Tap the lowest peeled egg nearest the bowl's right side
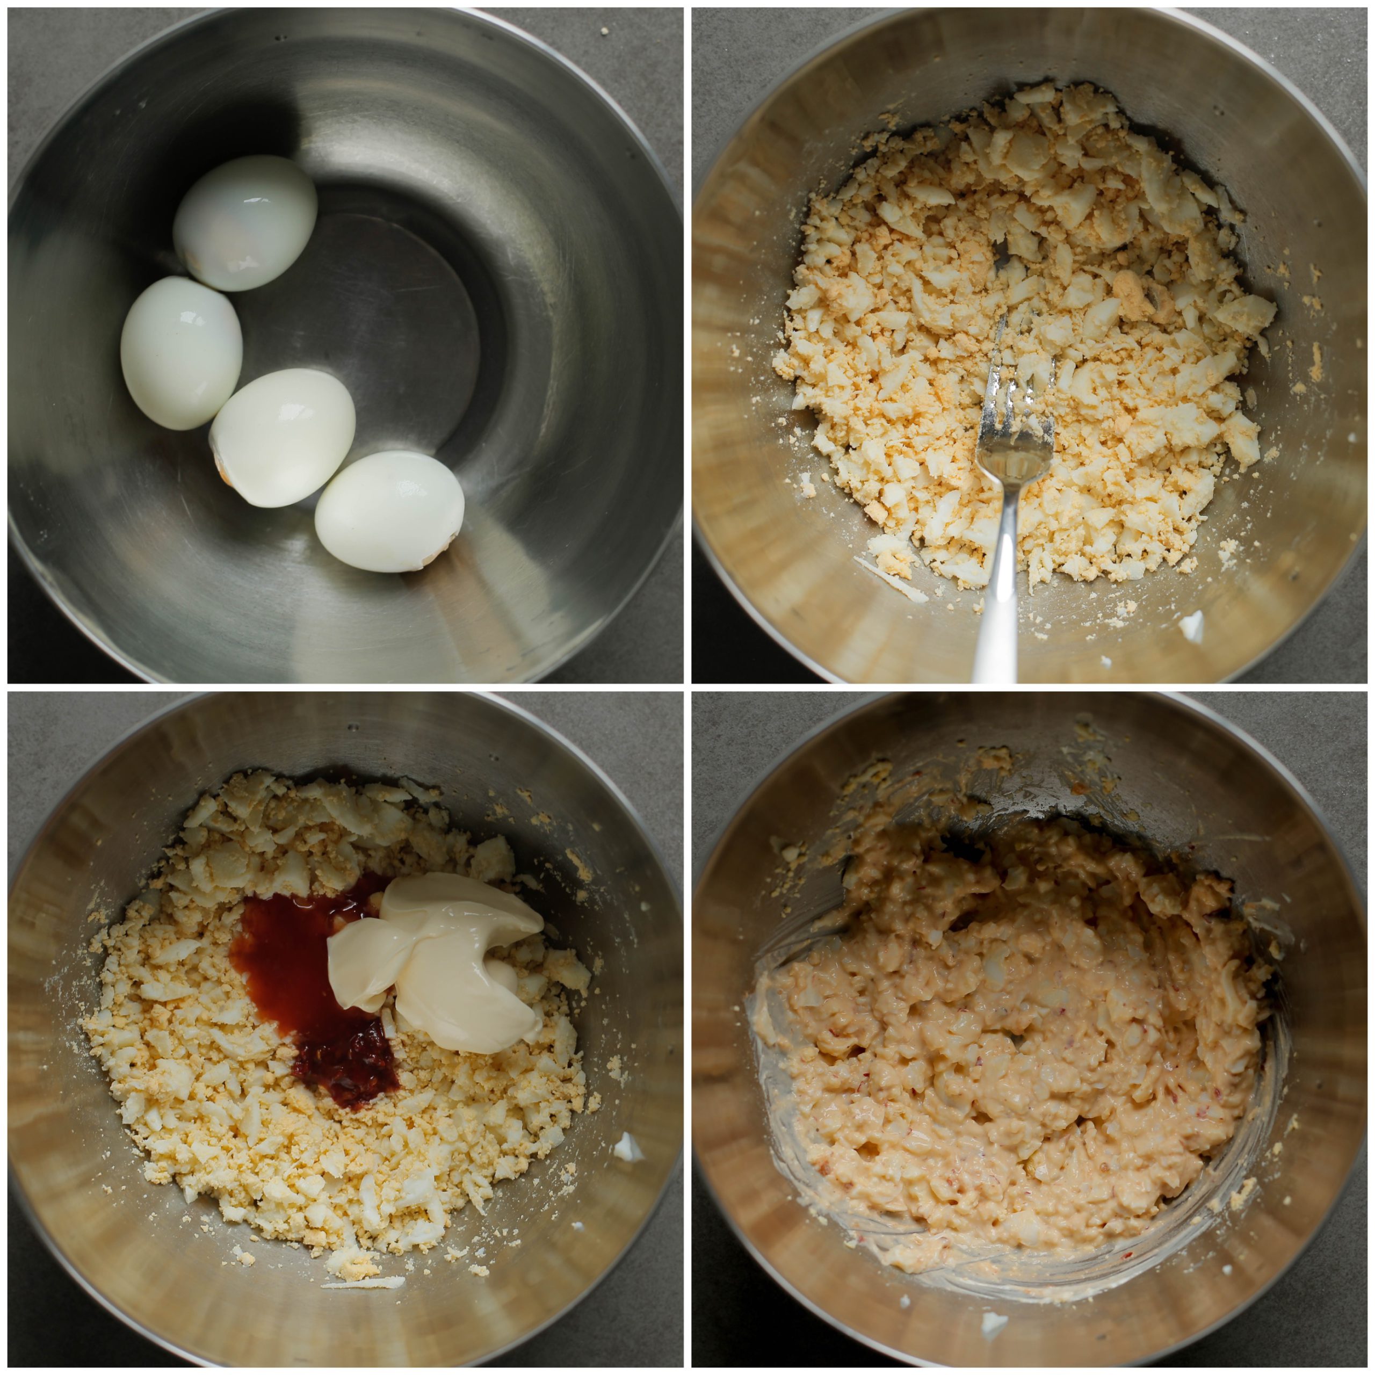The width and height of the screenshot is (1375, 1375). click(x=389, y=510)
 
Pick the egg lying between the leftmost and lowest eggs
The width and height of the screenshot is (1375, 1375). click(x=283, y=437)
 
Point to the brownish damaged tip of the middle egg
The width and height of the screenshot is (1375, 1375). click(x=222, y=466)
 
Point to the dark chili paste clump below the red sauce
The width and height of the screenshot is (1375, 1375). click(x=345, y=1068)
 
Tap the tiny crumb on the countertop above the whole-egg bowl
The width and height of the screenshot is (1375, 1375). click(x=604, y=31)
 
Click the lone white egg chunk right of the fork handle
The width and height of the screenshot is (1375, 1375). click(x=1190, y=626)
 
